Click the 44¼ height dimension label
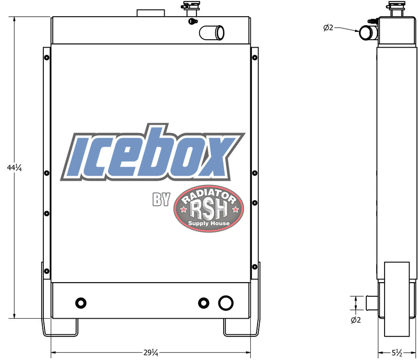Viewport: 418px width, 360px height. click(x=14, y=168)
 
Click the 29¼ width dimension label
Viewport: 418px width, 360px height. click(x=150, y=353)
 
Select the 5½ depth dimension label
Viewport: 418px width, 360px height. click(x=397, y=353)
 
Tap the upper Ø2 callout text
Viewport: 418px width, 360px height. click(x=328, y=28)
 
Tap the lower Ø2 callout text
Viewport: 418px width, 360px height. click(x=356, y=320)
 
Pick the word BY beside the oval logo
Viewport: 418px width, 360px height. click(x=161, y=199)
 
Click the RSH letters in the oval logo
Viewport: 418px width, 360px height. click(x=208, y=210)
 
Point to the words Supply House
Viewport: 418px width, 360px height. click(x=208, y=223)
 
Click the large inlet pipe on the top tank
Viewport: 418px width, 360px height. click(x=212, y=32)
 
